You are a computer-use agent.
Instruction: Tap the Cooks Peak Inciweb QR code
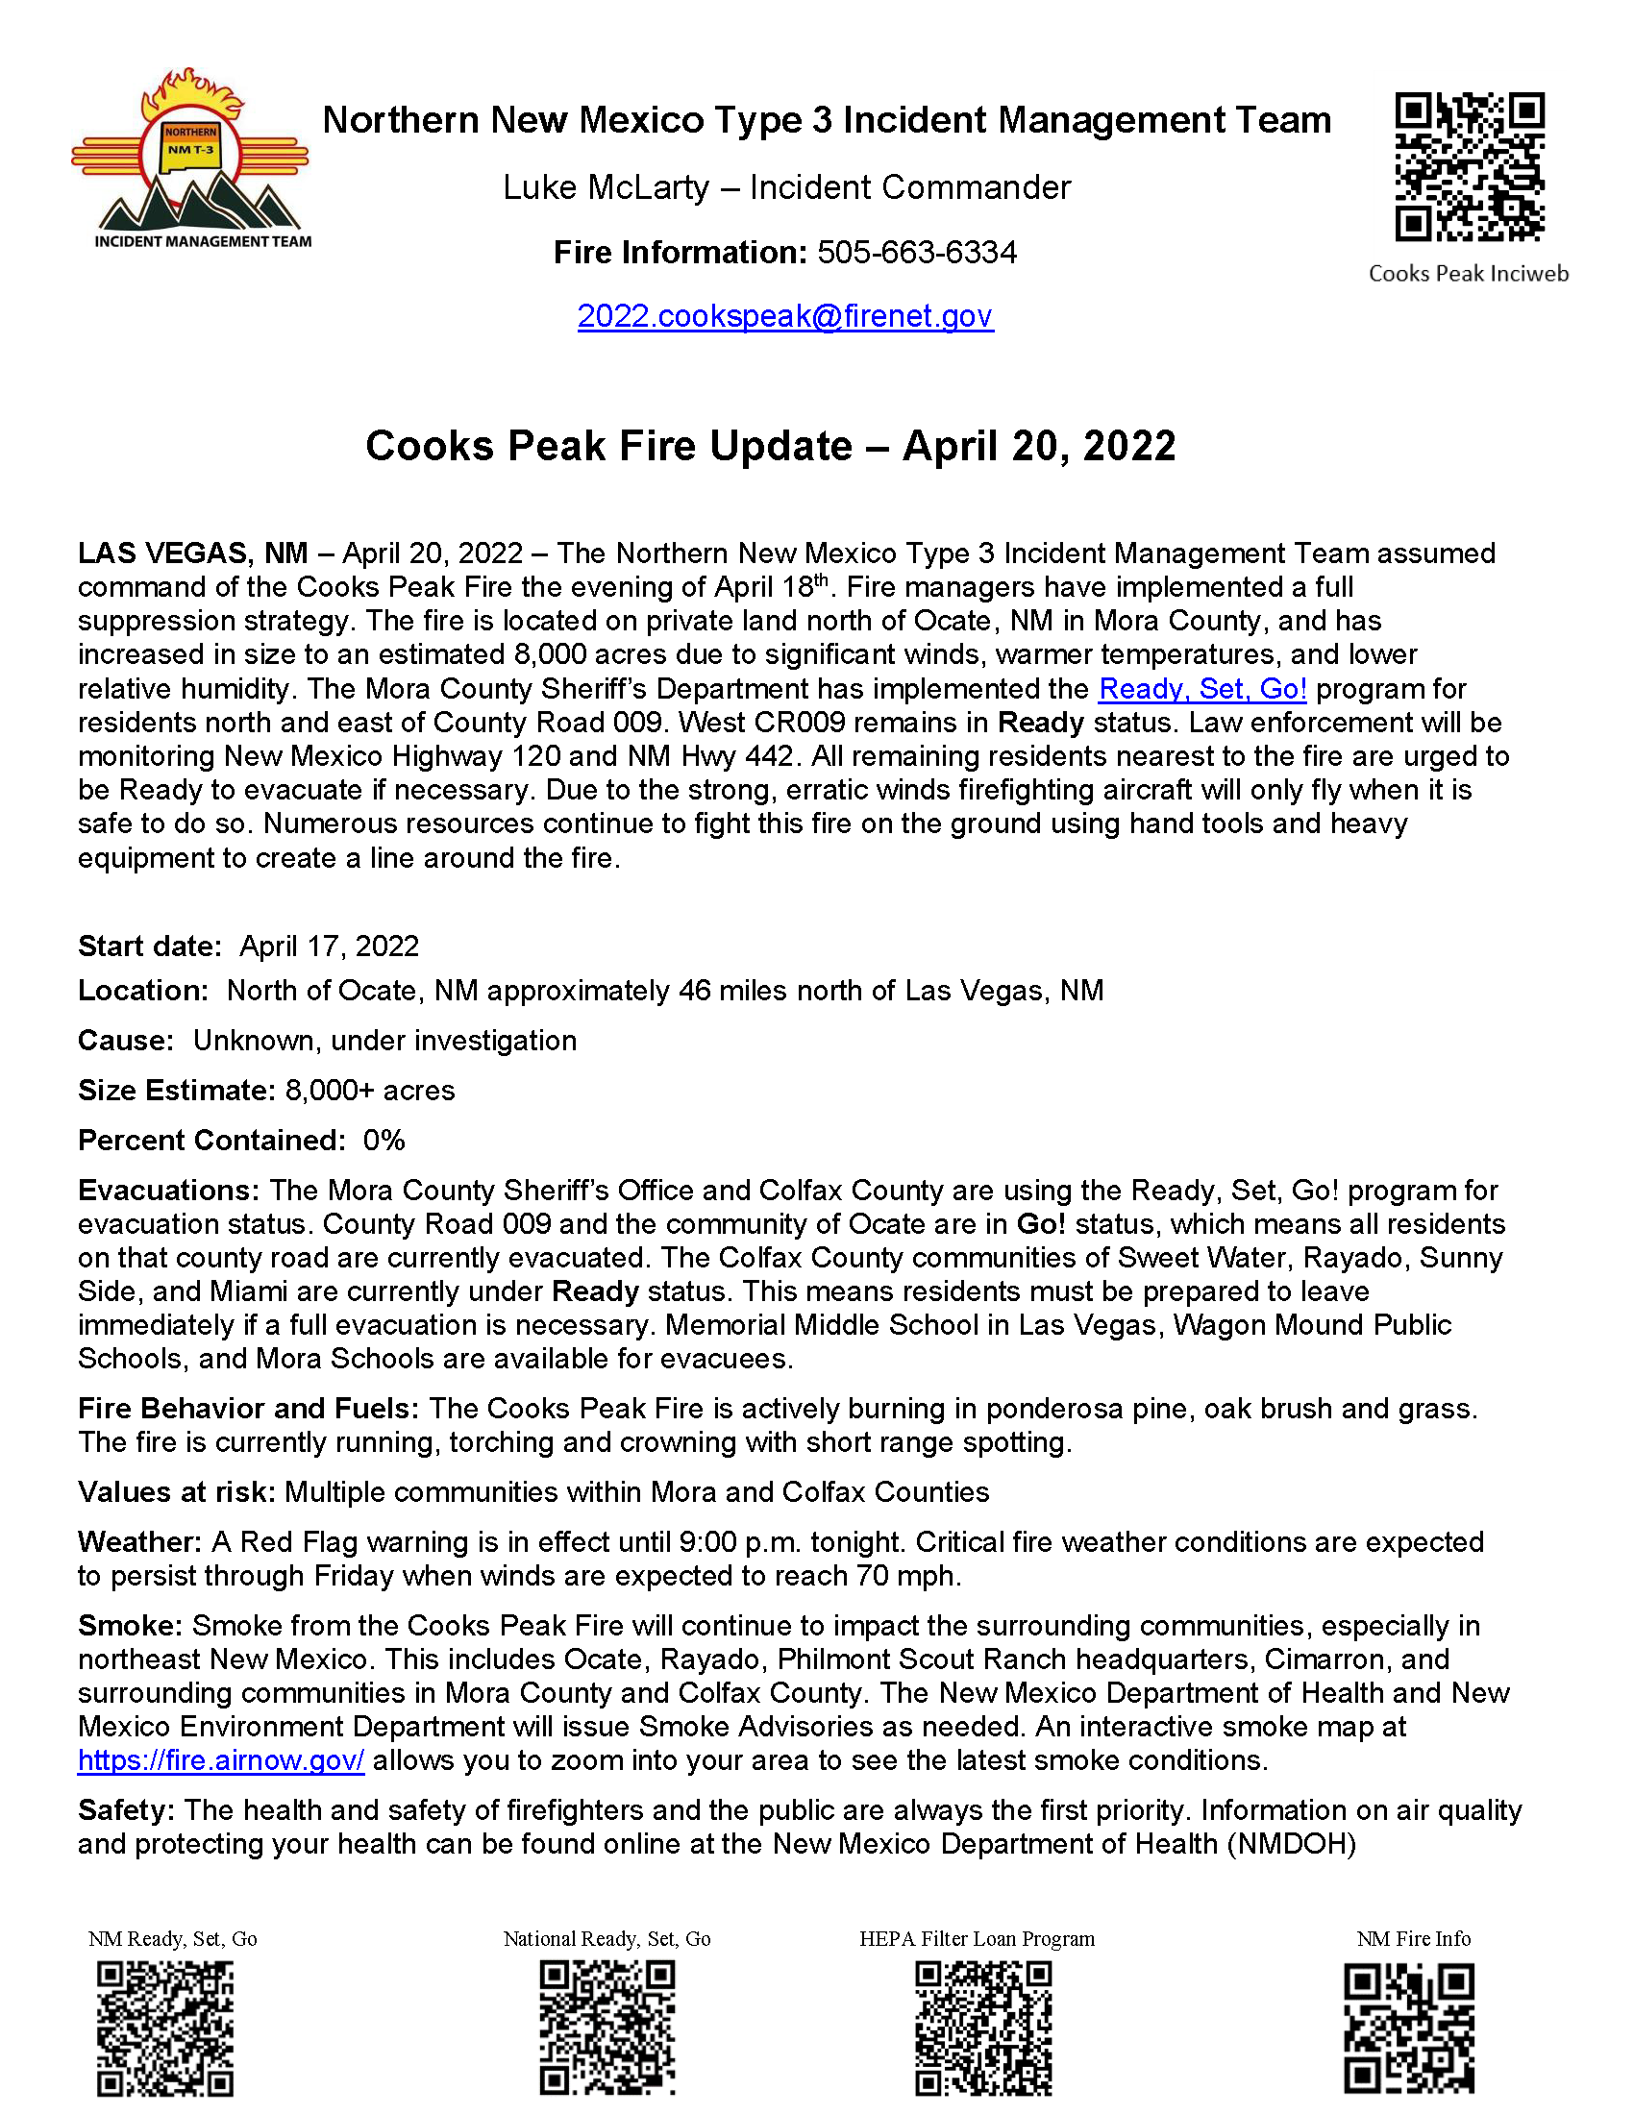tap(1469, 166)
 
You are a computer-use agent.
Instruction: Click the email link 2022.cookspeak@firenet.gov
tap(785, 316)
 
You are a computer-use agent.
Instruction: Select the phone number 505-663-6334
tap(917, 253)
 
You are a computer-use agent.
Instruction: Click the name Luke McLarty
tap(606, 187)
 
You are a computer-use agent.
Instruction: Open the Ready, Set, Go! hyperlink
tap(1202, 689)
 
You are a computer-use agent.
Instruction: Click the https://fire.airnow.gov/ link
tap(221, 1760)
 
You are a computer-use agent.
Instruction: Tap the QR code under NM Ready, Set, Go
tap(165, 2028)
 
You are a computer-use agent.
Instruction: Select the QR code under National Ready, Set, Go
tap(607, 2028)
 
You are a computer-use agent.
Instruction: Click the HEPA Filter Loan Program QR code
tap(983, 2028)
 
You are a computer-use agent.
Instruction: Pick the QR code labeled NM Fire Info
tap(1408, 2028)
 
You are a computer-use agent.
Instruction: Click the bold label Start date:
tap(150, 946)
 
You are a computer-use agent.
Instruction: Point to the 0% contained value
tap(384, 1141)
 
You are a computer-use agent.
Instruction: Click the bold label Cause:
tap(126, 1041)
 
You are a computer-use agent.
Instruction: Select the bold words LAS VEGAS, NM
tap(192, 553)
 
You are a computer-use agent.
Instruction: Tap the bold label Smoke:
tap(130, 1626)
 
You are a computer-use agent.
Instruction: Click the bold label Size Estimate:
tap(177, 1091)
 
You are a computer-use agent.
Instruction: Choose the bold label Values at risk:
tap(177, 1492)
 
